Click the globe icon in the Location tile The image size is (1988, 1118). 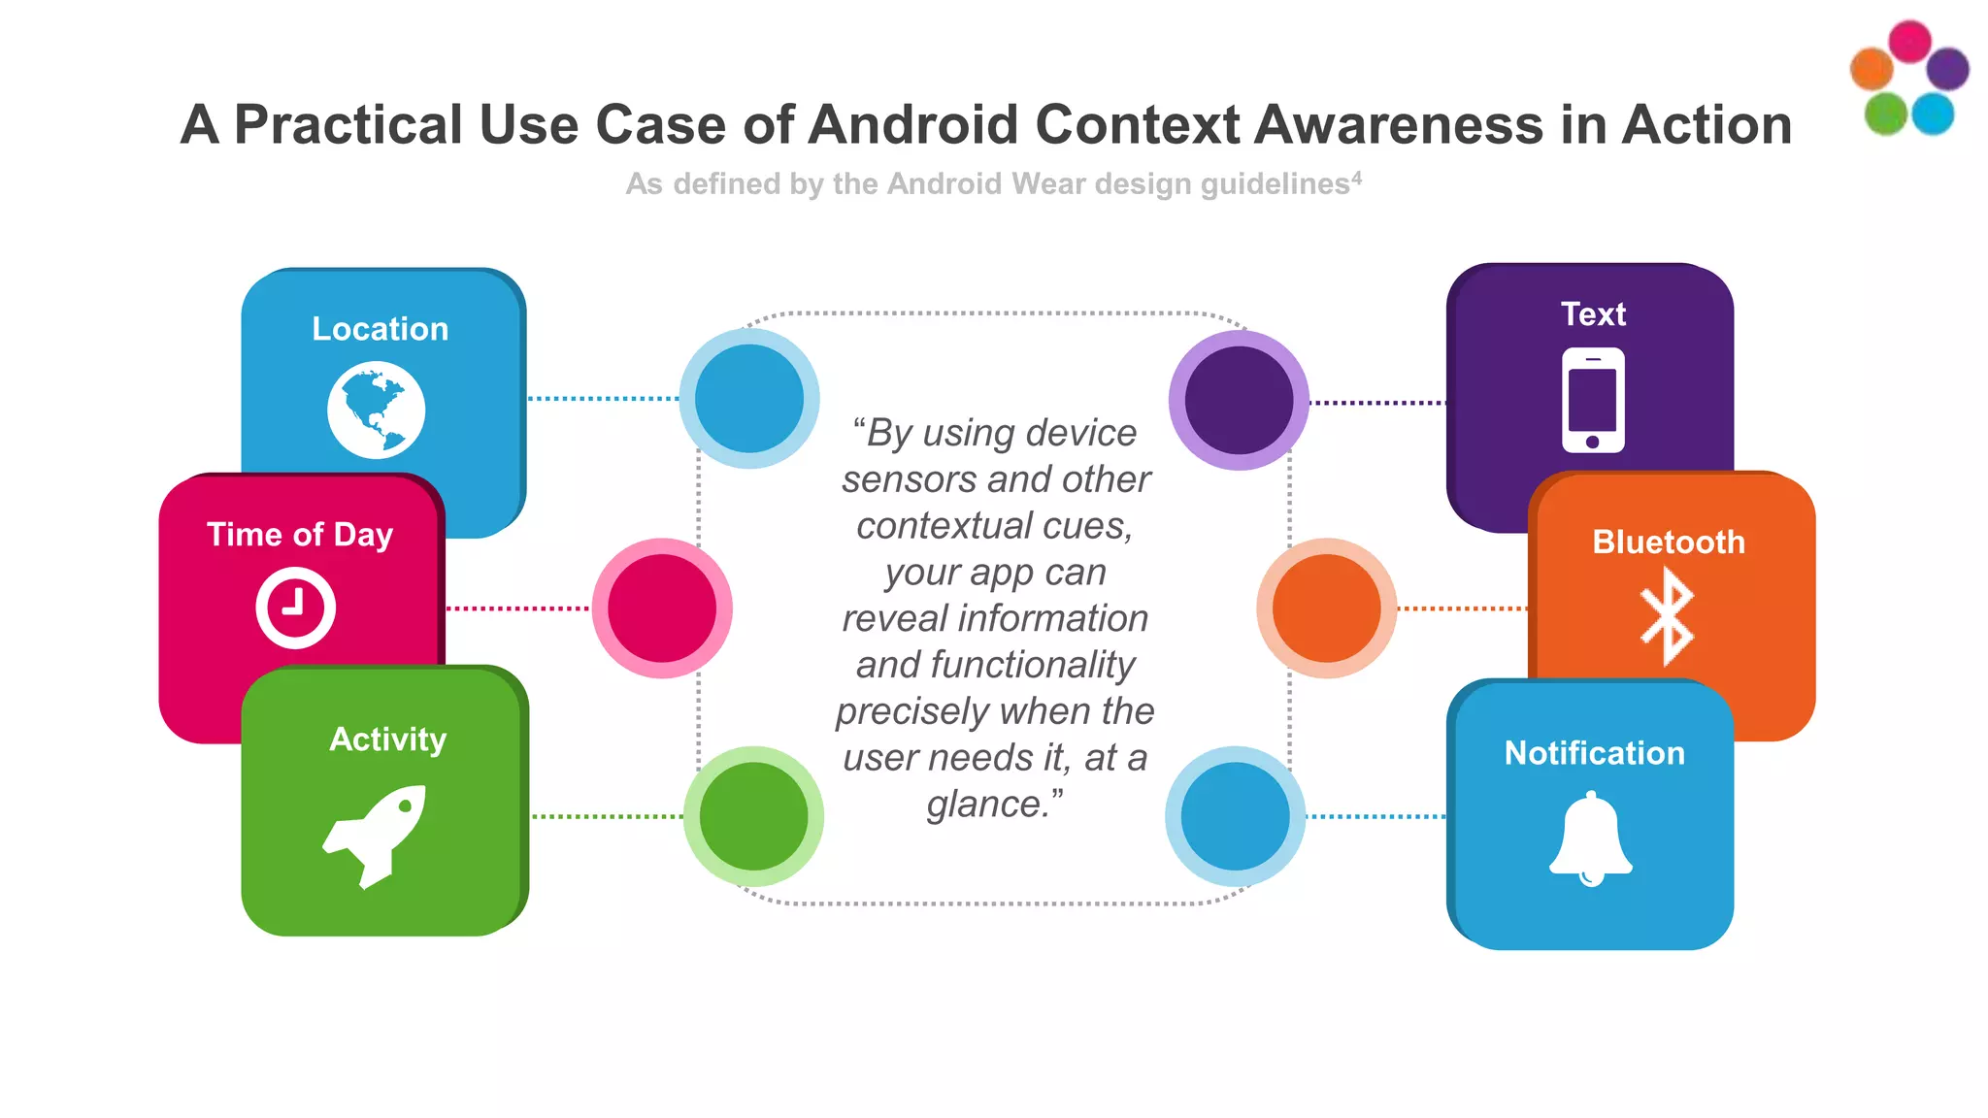coord(376,410)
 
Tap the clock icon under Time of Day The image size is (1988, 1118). coord(295,608)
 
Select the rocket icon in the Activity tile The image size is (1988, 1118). coord(376,835)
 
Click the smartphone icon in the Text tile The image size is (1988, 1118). coord(1592,400)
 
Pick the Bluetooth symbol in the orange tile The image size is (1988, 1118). coord(1667,616)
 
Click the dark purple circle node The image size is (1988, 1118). coord(1239,400)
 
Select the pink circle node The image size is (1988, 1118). coord(662,608)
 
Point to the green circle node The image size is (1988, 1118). coord(753,816)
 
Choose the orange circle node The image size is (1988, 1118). coord(1326,608)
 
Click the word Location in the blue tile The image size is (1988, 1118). coord(380,329)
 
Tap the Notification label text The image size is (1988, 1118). coord(1594,753)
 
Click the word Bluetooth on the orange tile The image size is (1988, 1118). coord(1668,542)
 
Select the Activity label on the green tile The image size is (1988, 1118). coord(387,740)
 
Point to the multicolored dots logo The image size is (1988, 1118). coord(1908,78)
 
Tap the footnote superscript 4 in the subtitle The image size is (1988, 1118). coord(1356,178)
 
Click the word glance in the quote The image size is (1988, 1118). coord(985,805)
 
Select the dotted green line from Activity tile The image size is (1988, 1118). coord(607,816)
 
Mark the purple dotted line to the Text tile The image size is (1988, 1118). coord(1376,402)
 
